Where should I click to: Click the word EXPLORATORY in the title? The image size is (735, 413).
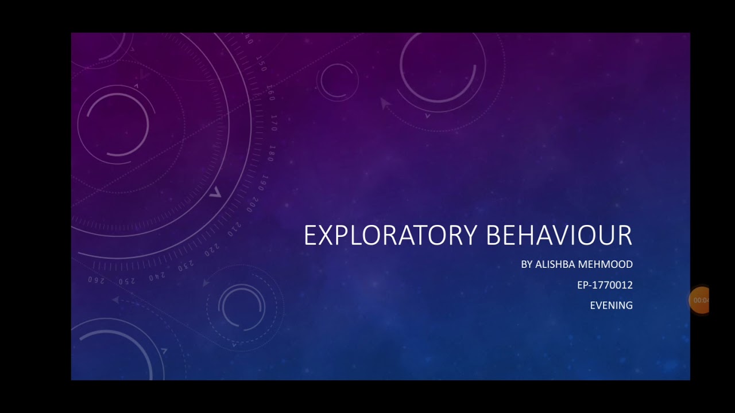(390, 235)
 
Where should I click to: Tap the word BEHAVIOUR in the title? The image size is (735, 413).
(559, 235)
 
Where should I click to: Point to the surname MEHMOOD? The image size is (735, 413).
(606, 264)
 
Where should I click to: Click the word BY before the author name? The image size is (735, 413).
(527, 264)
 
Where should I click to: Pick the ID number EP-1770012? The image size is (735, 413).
(605, 285)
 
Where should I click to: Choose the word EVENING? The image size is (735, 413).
(611, 306)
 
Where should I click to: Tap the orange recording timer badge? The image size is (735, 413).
(699, 300)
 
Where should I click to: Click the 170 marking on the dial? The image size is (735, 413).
(274, 123)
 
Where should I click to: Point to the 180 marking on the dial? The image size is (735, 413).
(272, 153)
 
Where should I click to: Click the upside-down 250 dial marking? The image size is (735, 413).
(126, 281)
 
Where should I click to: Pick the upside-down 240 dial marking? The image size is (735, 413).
(157, 277)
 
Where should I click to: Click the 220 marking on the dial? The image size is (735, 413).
(211, 250)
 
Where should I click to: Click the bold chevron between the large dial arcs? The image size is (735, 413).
(215, 193)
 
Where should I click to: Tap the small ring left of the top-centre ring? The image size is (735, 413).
(337, 80)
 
